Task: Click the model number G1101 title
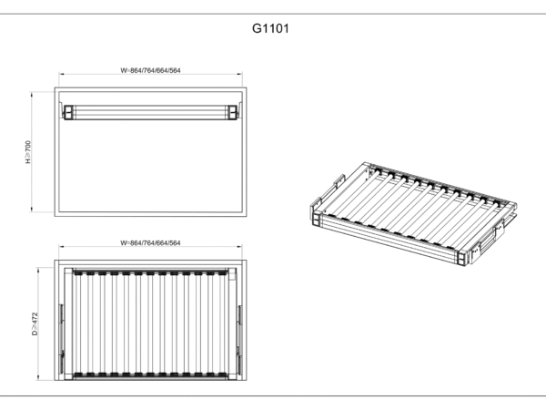pyautogui.click(x=270, y=28)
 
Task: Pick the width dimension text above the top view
pyautogui.click(x=150, y=243)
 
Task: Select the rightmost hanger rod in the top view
pyautogui.click(x=223, y=324)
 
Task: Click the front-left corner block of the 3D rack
pyautogui.click(x=316, y=215)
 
